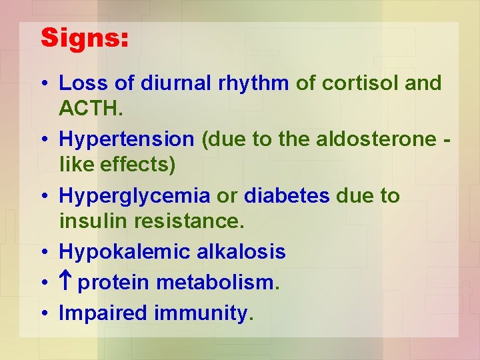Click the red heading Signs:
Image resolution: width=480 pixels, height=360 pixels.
click(85, 38)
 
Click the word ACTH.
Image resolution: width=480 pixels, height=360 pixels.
click(88, 107)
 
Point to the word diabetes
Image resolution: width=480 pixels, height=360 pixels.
click(287, 196)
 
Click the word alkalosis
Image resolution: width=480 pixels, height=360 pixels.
click(241, 252)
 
